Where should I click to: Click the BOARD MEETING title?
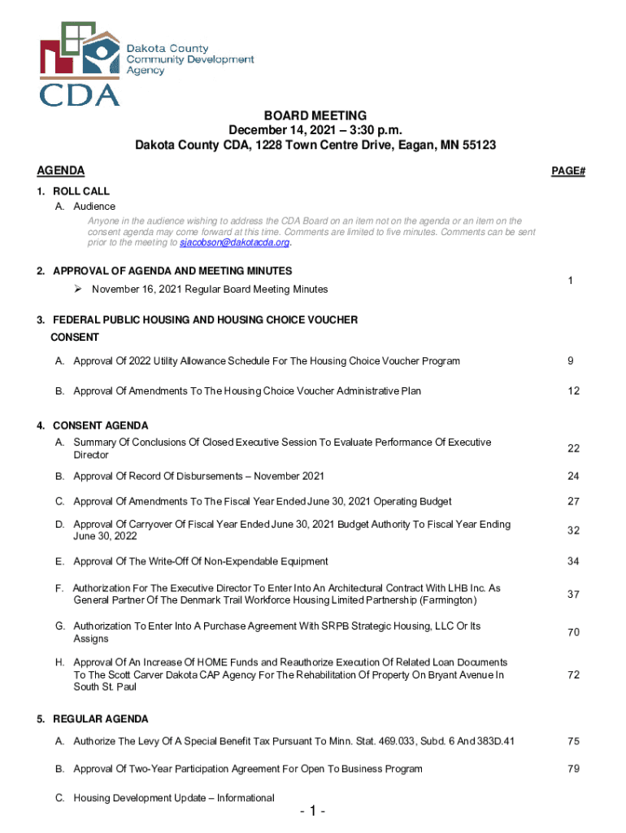315,116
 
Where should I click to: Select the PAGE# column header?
568,171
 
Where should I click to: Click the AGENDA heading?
61,171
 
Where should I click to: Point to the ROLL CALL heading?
80,192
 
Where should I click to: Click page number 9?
573,361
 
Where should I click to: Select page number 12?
573,391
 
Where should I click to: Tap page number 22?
573,449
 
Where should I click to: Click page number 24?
573,477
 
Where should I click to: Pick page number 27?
573,502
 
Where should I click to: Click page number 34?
573,561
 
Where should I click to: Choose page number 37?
573,595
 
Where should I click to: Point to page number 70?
573,633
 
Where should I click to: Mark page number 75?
573,741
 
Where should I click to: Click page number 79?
573,769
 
